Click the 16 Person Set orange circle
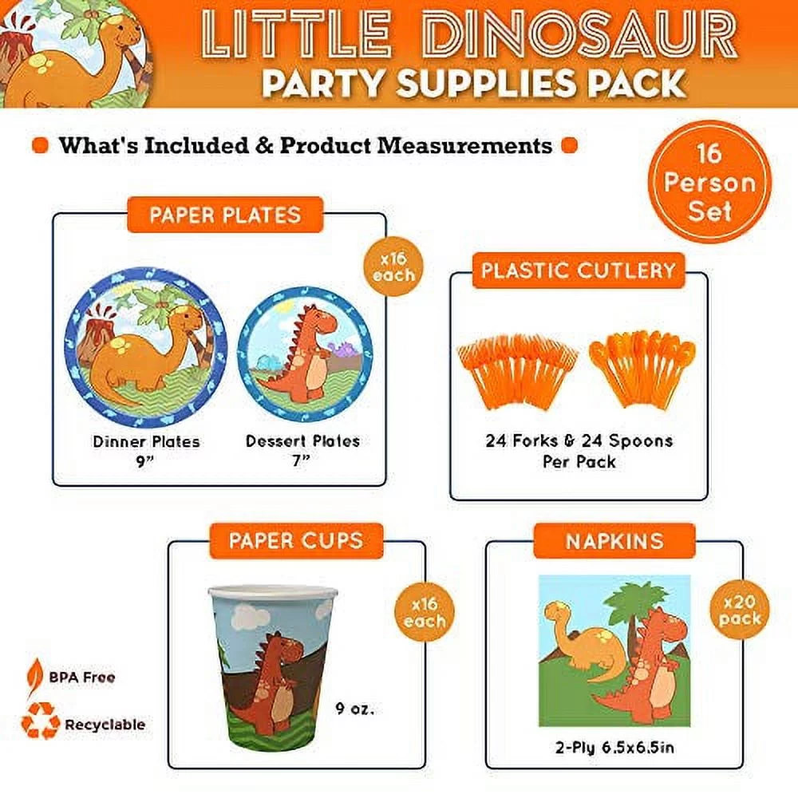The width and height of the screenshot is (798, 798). [x=709, y=183]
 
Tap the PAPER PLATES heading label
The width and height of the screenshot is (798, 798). [x=225, y=215]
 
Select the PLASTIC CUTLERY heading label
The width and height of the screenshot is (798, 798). [x=579, y=271]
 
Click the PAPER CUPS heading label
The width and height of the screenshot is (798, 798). [x=295, y=541]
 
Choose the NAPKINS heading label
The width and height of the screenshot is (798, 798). [x=614, y=541]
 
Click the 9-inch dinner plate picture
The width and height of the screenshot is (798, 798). [x=145, y=348]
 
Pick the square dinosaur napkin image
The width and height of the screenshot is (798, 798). [x=614, y=651]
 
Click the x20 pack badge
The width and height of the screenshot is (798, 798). [x=739, y=610]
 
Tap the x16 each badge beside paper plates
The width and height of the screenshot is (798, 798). [x=393, y=267]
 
